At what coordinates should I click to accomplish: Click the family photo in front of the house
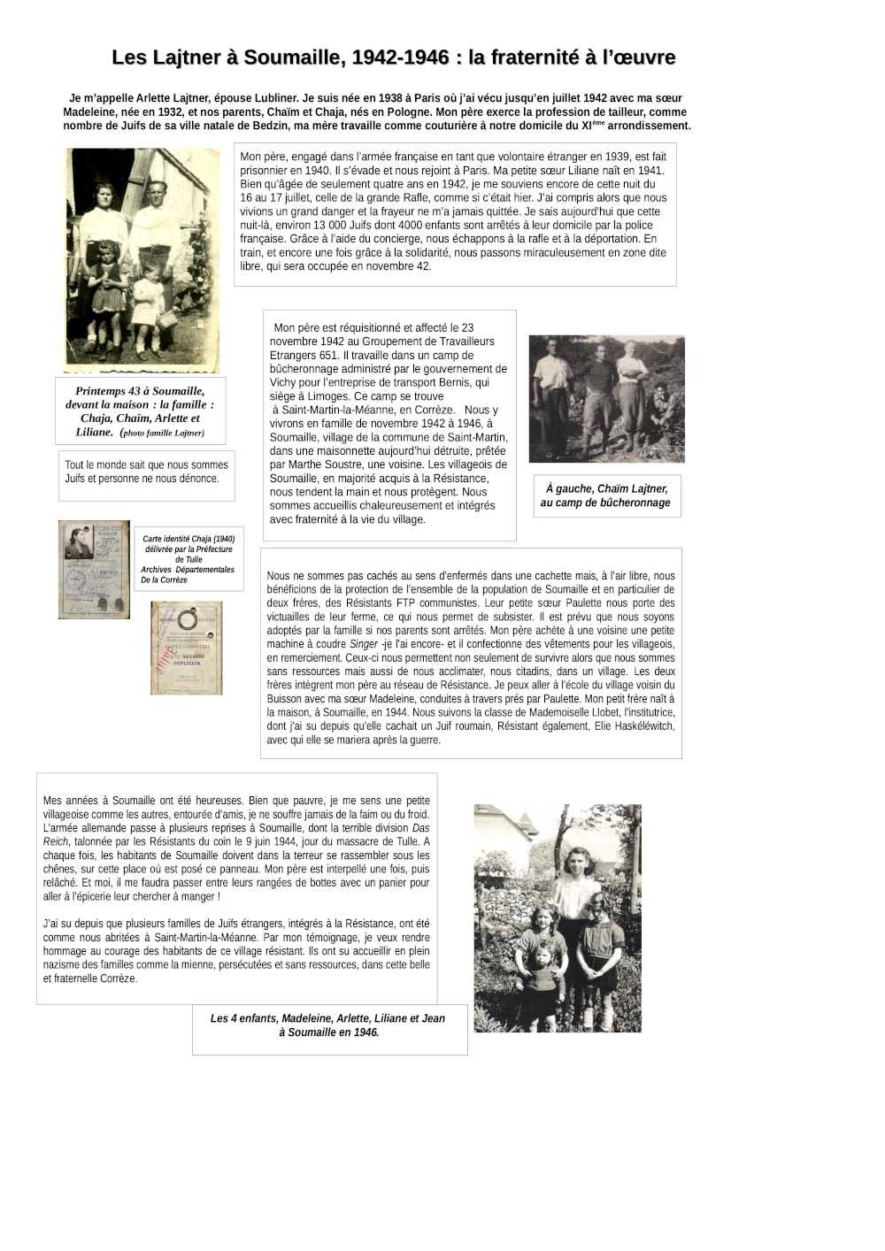142,259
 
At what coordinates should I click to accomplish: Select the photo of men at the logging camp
606,398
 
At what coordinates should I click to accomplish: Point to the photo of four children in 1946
558,917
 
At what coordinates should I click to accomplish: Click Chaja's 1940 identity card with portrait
94,569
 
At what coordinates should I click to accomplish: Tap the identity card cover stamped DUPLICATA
186,648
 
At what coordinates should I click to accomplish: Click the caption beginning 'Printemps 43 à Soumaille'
140,411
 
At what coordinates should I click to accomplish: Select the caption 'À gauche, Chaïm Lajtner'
606,495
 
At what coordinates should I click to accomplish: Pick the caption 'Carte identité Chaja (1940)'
189,558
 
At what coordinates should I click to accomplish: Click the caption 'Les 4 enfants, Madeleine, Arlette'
328,1025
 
